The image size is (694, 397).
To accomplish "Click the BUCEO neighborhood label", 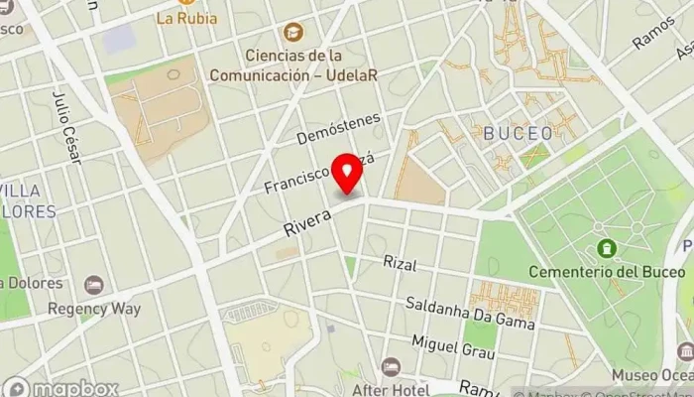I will pos(518,132).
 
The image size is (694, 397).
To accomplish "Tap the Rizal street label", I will pos(400,264).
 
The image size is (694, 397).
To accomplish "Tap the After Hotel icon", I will pos(392,366).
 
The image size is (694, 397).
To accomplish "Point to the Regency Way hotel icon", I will pos(94,285).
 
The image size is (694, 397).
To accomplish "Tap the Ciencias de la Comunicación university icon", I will pos(291,34).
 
